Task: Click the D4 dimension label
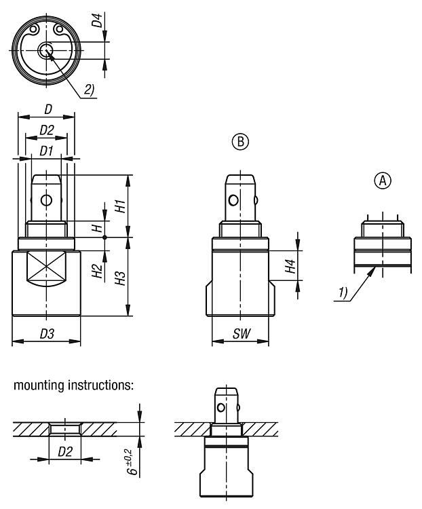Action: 100,16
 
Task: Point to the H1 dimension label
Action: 119,206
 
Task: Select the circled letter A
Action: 383,181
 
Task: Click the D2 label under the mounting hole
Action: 64,451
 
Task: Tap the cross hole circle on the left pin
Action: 46,200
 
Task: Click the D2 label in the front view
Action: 46,129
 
